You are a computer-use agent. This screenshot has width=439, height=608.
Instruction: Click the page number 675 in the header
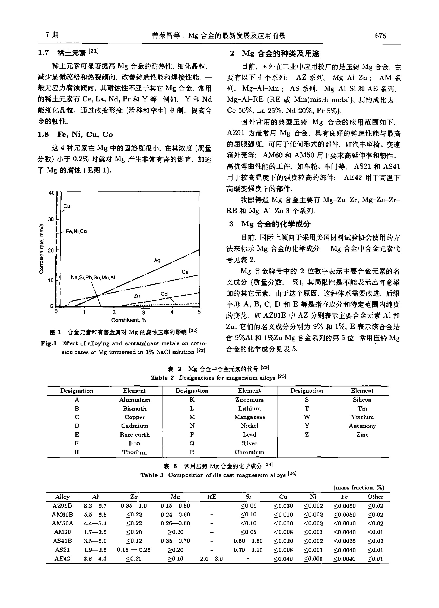pyautogui.click(x=380, y=36)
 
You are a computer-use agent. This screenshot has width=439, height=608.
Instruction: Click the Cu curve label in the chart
pyautogui.click(x=67, y=206)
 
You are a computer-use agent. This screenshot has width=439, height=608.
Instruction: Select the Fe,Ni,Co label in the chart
pyautogui.click(x=76, y=231)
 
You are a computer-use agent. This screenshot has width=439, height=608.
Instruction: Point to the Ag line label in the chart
pyautogui.click(x=157, y=261)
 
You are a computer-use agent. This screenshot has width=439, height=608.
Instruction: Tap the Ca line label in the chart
pyautogui.click(x=185, y=272)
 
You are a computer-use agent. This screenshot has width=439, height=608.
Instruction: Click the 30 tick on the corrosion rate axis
pyautogui.click(x=51, y=219)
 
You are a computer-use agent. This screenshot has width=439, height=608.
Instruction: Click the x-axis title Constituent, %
pyautogui.click(x=129, y=320)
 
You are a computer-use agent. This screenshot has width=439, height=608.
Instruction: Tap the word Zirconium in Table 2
pyautogui.click(x=249, y=400)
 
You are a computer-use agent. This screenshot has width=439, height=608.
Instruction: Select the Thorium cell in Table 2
pyautogui.click(x=134, y=452)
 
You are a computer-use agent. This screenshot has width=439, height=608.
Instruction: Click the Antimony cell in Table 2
pyautogui.click(x=362, y=426)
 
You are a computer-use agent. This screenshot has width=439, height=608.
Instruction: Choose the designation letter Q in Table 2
pyautogui.click(x=192, y=443)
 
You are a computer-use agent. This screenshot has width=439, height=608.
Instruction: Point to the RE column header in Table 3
pyautogui.click(x=212, y=497)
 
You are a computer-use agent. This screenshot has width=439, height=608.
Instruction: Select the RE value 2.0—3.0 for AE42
pyautogui.click(x=211, y=559)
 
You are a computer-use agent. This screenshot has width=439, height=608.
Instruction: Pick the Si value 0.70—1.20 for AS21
pyautogui.click(x=248, y=550)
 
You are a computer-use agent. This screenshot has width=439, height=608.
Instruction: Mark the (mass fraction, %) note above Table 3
pyautogui.click(x=359, y=488)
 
